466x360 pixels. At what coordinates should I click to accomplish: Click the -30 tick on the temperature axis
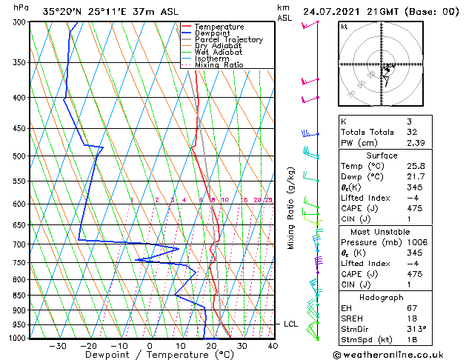click(58, 345)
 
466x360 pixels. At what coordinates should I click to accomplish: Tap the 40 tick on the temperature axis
click(273, 345)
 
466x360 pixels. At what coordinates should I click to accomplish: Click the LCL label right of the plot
click(290, 324)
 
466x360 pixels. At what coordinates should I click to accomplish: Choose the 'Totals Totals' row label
click(364, 132)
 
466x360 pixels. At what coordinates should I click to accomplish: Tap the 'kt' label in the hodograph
click(344, 27)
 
